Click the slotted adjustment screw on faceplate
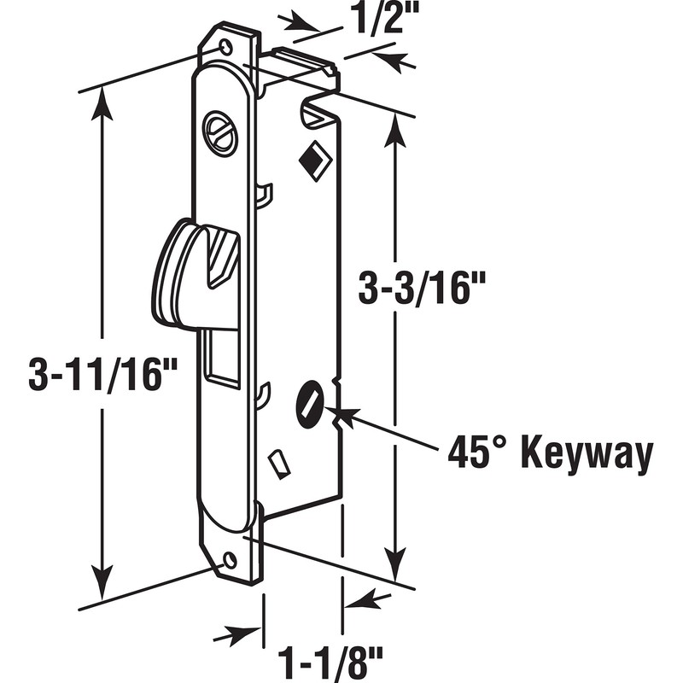pyautogui.click(x=220, y=134)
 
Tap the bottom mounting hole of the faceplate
pyautogui.click(x=229, y=561)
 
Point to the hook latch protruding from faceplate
pyautogui.click(x=184, y=273)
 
